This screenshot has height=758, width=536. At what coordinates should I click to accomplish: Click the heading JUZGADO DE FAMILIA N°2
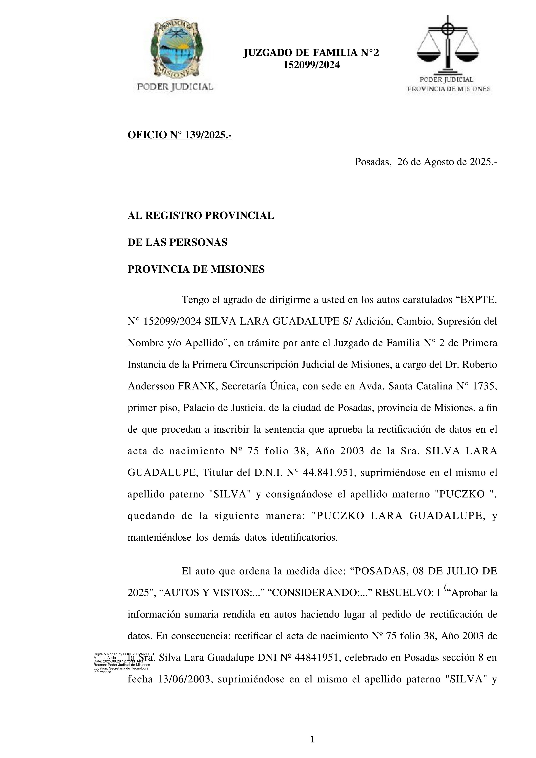[311, 53]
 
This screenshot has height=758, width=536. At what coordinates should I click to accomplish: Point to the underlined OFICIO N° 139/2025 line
[180, 135]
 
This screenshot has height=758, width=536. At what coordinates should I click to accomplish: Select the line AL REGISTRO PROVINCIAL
[201, 216]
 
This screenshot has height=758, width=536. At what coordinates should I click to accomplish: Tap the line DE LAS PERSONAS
[177, 243]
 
